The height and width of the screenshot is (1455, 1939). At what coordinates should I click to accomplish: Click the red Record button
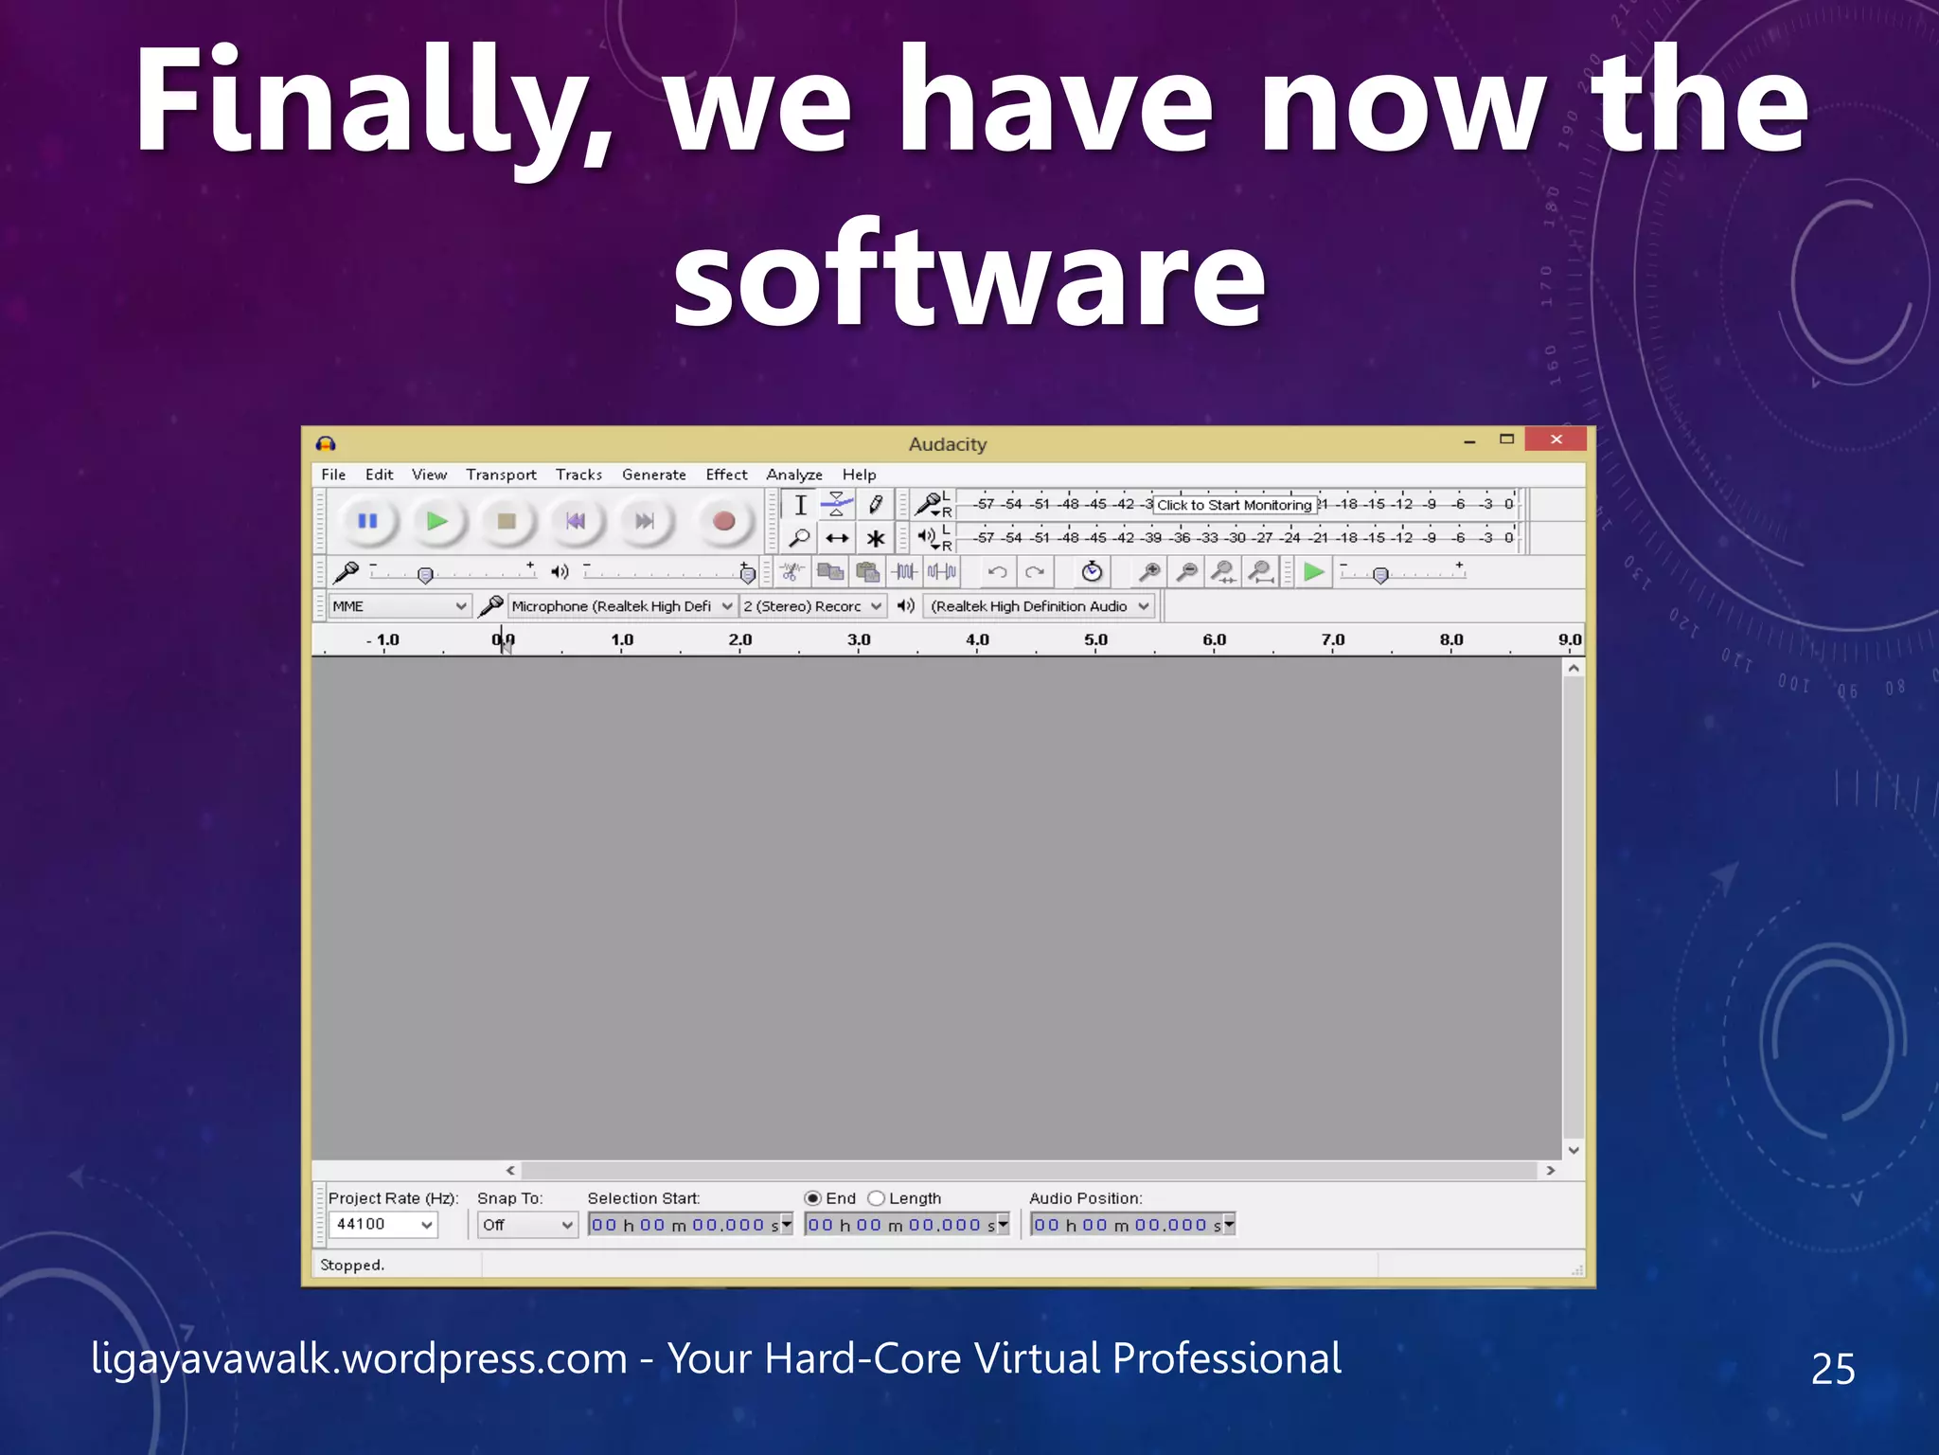pos(723,521)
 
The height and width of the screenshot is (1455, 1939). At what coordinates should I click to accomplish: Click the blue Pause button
pos(367,521)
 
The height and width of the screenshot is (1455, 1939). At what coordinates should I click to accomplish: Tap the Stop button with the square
pos(507,521)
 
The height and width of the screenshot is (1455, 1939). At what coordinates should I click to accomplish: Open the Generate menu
pos(653,475)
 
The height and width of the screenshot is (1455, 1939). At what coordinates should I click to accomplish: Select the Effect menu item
pos(726,475)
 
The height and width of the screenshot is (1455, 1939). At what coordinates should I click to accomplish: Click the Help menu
pos(859,475)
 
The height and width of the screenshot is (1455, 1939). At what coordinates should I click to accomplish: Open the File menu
pos(333,475)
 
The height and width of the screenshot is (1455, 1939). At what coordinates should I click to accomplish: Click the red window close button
pos(1556,440)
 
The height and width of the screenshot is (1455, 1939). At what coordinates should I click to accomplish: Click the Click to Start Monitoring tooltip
pos(1234,505)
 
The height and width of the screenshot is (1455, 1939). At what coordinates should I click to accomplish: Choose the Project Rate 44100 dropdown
pos(383,1225)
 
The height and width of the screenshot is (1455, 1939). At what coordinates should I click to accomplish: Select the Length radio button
pos(877,1198)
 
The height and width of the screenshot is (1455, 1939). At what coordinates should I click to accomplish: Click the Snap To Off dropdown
pos(526,1225)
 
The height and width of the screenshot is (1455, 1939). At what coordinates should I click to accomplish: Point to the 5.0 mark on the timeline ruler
pos(1095,641)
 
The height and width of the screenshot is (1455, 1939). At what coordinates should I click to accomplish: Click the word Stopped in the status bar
pos(352,1266)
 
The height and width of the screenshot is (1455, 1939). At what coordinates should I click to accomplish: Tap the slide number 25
pos(1832,1369)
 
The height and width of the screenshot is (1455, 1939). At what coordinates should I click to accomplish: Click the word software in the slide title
pos(969,275)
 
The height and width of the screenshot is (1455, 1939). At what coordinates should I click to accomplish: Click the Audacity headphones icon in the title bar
pos(327,444)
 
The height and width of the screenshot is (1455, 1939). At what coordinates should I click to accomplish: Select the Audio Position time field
pos(1127,1225)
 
